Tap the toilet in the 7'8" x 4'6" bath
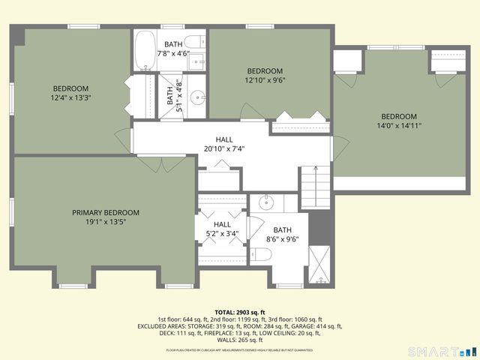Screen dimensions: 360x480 [x=194, y=41]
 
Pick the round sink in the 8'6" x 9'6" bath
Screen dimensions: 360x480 [x=265, y=202]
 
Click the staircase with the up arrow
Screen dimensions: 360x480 [x=315, y=187]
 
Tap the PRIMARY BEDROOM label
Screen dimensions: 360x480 [x=106, y=212]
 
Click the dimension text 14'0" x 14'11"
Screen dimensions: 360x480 [x=398, y=126]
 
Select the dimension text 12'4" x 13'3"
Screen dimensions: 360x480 [x=70, y=97]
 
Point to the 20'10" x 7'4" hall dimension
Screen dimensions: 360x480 [x=224, y=148]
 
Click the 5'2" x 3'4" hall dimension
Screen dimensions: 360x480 [x=222, y=234]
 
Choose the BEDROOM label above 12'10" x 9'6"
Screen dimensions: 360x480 [x=265, y=71]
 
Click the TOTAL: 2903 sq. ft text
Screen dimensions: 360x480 [x=240, y=312]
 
